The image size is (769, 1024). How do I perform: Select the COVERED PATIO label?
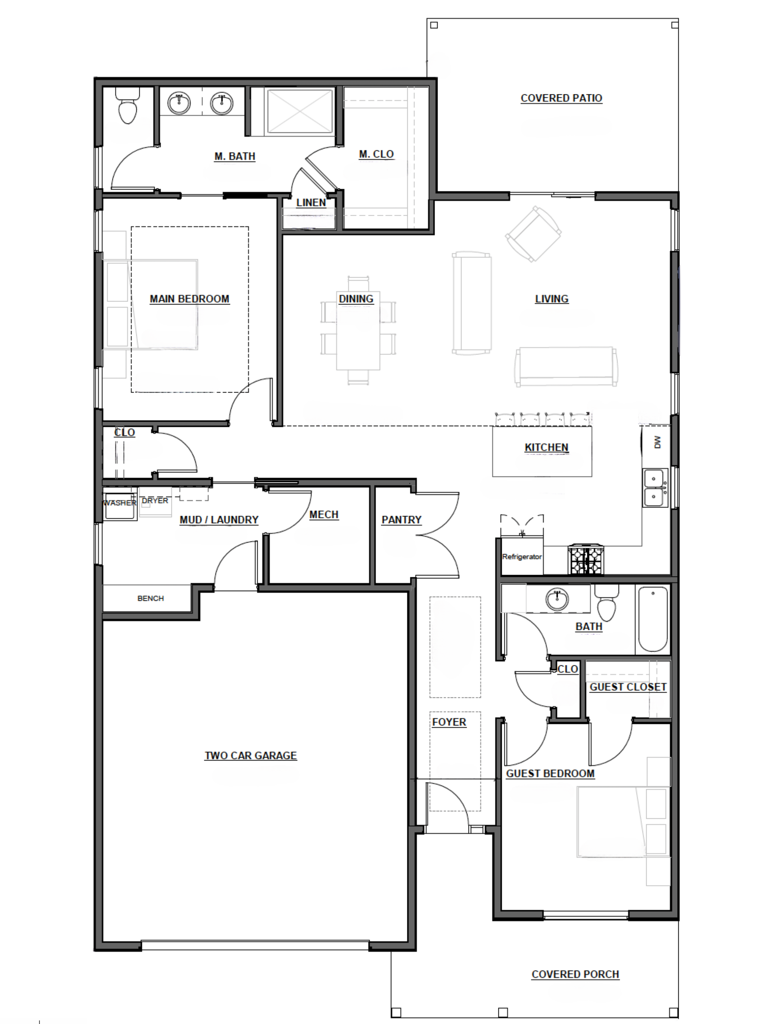click(x=561, y=98)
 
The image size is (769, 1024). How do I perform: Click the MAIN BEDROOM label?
click(x=189, y=299)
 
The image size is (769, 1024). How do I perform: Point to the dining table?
click(x=358, y=331)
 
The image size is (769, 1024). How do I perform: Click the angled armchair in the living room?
click(x=533, y=234)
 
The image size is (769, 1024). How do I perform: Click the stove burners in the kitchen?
click(x=586, y=560)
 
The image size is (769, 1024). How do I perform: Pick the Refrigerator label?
click(x=522, y=557)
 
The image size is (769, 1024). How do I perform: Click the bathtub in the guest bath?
click(x=653, y=619)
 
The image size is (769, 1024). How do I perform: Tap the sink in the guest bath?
click(x=557, y=600)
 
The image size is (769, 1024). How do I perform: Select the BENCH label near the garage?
click(x=150, y=599)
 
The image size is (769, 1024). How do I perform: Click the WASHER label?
click(x=119, y=503)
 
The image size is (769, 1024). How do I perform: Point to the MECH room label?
click(x=324, y=515)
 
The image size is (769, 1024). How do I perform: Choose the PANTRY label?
click(x=401, y=520)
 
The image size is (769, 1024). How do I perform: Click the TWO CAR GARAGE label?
click(x=250, y=756)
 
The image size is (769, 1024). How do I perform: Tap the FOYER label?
click(x=449, y=722)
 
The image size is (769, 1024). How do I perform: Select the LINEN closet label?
click(x=311, y=203)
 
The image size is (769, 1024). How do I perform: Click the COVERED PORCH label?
click(x=575, y=975)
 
